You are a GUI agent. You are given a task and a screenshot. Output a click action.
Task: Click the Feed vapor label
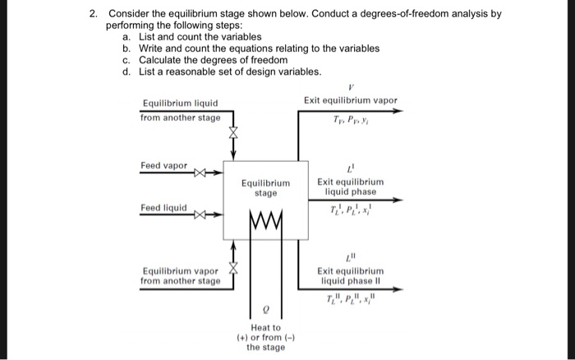163,165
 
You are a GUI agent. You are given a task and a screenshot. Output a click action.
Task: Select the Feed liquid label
163,207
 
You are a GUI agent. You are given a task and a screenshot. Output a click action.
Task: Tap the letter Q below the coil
265,312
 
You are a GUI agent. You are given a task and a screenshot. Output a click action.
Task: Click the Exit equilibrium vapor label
350,101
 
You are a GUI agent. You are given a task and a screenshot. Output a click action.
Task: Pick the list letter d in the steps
126,72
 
